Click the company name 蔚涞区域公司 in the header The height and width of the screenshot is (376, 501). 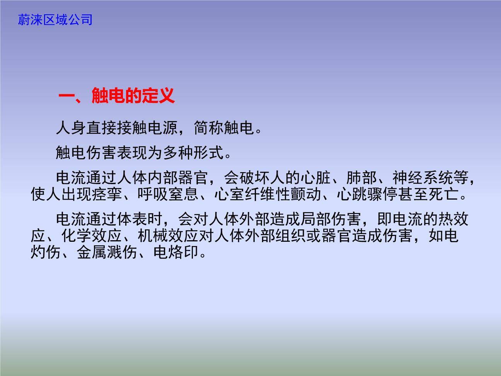point(55,19)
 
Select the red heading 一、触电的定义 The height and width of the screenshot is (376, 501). point(117,96)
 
